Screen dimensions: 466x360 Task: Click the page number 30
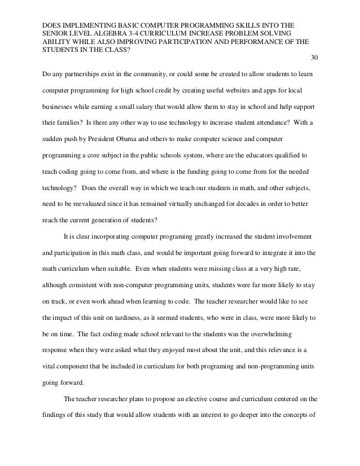click(314, 58)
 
